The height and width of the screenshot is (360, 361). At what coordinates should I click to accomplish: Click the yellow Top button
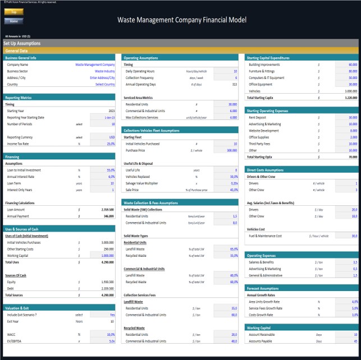pos(13,11)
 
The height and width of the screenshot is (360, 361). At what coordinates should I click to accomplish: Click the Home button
pos(13,21)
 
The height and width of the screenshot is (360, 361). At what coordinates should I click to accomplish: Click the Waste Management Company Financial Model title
pos(181,20)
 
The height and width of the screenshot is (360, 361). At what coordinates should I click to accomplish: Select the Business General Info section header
pos(21,57)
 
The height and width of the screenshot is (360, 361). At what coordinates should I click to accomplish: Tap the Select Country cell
pos(105,84)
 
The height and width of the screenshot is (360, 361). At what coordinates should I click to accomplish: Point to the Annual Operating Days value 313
pos(234,84)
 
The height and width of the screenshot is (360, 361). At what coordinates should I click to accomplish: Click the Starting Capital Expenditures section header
pos(268,57)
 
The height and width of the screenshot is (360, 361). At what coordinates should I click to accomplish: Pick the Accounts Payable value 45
pos(354,340)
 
